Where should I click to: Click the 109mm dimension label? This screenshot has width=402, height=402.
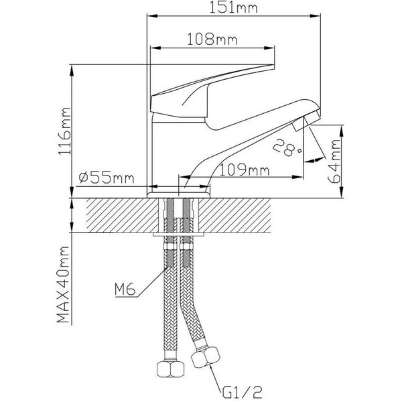[241, 171]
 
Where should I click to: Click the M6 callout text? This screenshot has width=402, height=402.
[125, 289]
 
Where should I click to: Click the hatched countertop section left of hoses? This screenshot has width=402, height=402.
[117, 215]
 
